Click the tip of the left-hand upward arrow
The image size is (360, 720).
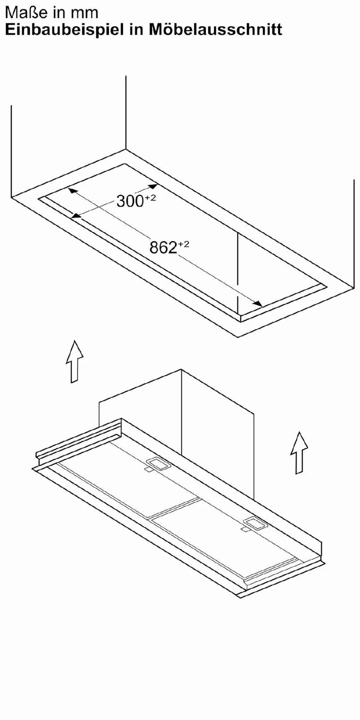point(75,341)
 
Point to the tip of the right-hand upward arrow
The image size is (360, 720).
point(299,432)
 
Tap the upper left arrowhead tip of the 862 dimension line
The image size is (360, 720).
point(68,189)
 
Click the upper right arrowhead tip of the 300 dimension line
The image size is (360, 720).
point(157,184)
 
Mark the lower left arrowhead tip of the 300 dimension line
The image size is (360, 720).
point(71,218)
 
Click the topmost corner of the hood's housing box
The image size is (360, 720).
point(182,369)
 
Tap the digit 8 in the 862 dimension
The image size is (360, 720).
point(154,247)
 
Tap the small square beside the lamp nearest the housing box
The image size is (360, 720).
point(148,470)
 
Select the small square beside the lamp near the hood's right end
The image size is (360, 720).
point(245,529)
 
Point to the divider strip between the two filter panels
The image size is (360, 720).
point(175,508)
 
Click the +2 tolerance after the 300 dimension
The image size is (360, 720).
point(150,198)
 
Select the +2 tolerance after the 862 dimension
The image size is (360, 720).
point(184,245)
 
